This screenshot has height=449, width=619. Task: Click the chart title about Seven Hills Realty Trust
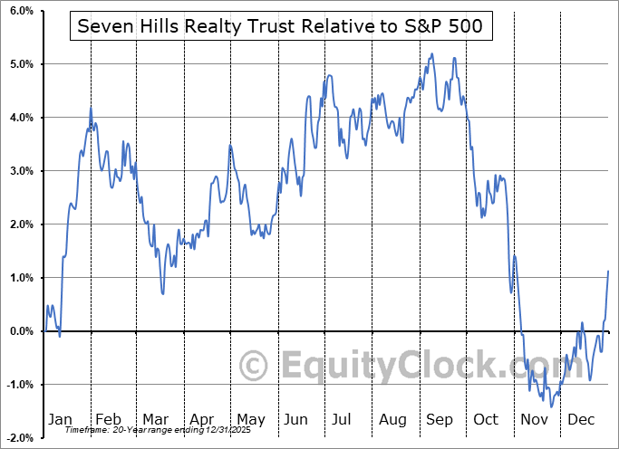(281, 27)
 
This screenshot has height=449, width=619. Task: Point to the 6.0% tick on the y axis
(21, 11)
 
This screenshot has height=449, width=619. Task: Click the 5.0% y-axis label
(21, 64)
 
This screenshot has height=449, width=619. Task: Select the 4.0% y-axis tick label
(21, 118)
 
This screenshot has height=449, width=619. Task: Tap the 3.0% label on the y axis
(21, 171)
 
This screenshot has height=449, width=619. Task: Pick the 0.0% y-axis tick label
(21, 331)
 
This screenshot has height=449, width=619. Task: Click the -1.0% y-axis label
(19, 385)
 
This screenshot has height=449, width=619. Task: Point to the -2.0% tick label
(19, 438)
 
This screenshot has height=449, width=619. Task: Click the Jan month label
(60, 419)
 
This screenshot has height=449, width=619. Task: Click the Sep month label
(440, 419)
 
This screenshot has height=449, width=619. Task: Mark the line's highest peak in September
(432, 53)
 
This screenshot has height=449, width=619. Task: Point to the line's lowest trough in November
(550, 406)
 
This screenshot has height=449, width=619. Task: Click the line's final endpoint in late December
(607, 271)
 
